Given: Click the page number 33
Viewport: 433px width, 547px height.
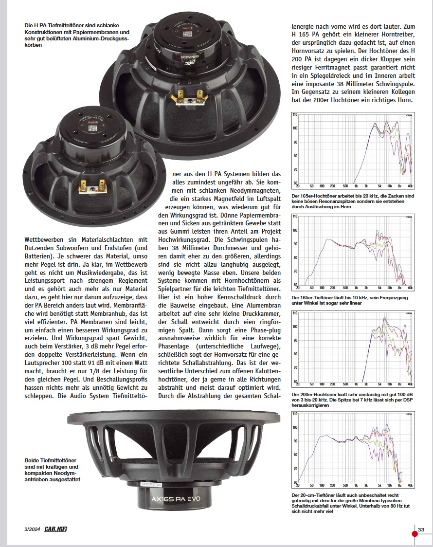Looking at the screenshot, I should coord(421,529).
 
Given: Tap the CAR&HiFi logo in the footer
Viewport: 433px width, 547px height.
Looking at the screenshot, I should coord(55,529).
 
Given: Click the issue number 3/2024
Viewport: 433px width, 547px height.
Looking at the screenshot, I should coord(32,529).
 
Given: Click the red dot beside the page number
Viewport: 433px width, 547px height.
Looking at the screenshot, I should coord(415,533).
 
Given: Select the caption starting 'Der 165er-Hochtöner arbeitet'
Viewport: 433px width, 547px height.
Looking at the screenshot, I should coord(352,201).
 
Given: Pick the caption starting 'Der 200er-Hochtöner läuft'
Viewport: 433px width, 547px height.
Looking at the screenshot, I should coord(352,399).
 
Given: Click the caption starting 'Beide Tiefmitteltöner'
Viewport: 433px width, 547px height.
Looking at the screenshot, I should coord(52,470).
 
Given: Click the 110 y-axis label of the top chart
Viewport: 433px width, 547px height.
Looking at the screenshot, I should coord(294,115).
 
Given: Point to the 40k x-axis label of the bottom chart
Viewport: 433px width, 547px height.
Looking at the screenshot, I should coord(410,485).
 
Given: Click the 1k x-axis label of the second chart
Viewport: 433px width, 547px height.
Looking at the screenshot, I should coord(356,288).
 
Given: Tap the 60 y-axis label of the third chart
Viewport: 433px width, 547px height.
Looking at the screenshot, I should coord(295,381).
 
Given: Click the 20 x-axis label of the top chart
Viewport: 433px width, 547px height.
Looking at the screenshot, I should coord(298,186).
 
